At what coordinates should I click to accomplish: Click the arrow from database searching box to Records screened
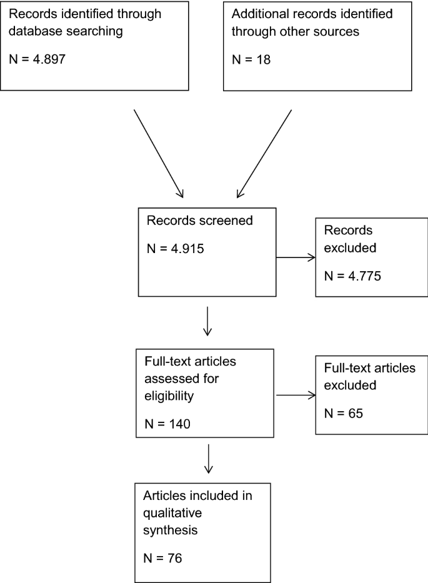[x=158, y=153]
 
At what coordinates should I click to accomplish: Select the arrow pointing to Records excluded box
[x=296, y=256]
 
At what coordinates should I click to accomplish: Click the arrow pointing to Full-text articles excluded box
[x=296, y=395]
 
